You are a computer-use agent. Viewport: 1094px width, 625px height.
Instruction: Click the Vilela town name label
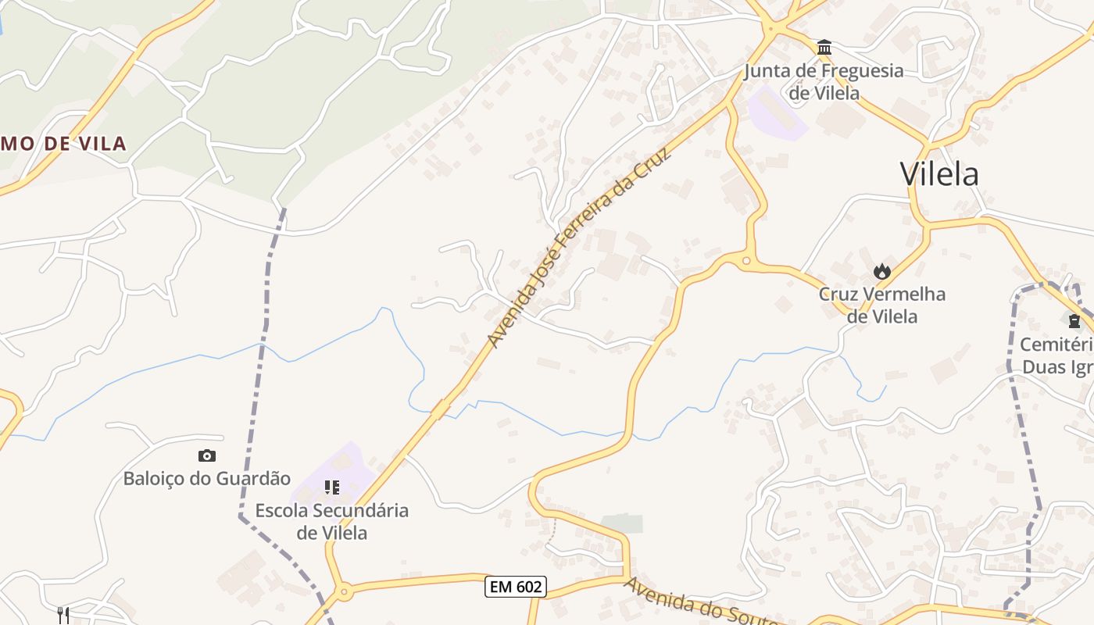939,173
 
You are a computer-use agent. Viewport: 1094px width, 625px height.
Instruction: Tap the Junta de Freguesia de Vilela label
824,81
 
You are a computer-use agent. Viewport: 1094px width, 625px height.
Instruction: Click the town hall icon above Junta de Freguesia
824,48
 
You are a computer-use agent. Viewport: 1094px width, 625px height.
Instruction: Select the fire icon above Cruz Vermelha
882,271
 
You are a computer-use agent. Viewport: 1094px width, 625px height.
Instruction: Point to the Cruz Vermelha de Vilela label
882,305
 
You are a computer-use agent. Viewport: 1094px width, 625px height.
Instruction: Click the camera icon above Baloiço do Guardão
207,455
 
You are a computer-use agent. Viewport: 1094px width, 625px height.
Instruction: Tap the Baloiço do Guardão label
207,478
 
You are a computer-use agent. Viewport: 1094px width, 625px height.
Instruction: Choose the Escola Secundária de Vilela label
332,521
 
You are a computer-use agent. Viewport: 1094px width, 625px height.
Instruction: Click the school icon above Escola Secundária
332,487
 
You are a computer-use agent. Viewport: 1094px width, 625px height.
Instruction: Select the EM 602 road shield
515,587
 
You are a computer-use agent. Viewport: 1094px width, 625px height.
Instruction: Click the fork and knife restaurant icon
63,615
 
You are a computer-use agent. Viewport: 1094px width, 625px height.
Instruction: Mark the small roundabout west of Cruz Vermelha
746,261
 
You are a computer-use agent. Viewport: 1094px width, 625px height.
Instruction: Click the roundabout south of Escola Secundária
344,593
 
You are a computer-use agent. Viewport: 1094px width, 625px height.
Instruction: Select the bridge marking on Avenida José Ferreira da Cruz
441,409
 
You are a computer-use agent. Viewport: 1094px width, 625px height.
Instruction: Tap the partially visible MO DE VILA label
63,144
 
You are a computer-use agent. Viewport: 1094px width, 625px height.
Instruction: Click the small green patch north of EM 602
622,523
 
